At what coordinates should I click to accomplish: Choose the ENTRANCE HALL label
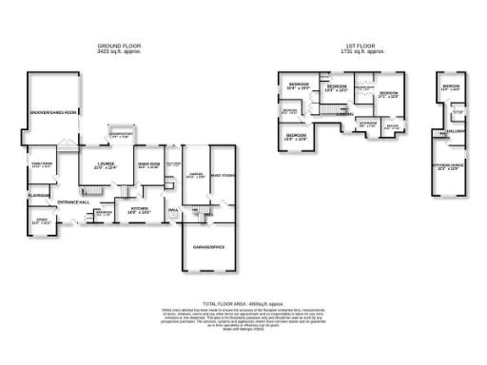pos(73,202)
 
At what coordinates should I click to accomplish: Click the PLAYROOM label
pos(38,194)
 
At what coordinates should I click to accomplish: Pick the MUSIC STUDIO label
pos(224,173)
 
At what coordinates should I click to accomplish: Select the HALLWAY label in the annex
pos(454,131)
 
